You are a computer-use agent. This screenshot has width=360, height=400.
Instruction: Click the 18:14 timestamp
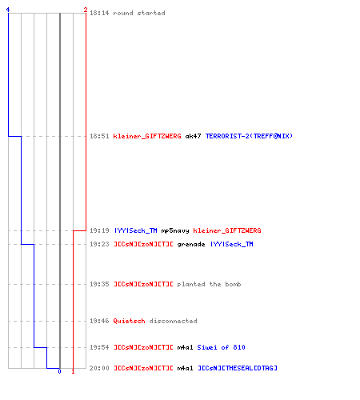(x=99, y=13)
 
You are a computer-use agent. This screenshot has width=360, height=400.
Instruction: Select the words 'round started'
(x=139, y=13)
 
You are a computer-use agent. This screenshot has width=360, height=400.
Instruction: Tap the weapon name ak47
(x=193, y=136)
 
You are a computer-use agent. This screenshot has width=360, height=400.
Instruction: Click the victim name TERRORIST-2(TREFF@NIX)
(x=249, y=136)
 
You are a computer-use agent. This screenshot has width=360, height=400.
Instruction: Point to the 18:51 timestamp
(x=99, y=136)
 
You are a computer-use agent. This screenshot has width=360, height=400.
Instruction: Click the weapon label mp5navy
(x=175, y=230)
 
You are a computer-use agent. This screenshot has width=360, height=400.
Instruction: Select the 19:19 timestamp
(x=99, y=230)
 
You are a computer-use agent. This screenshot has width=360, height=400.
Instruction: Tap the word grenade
(x=191, y=244)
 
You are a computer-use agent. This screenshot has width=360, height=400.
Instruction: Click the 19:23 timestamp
(x=99, y=244)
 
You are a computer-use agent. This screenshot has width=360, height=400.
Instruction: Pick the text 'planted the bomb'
(x=209, y=284)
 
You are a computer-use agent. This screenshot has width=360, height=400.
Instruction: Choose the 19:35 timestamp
(x=99, y=284)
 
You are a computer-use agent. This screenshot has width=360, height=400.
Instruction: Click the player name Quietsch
(x=129, y=321)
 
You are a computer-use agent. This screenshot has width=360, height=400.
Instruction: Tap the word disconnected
(x=173, y=321)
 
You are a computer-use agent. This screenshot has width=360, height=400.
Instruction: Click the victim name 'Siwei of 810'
(x=221, y=347)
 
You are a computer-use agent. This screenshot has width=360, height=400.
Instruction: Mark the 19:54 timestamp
(x=99, y=347)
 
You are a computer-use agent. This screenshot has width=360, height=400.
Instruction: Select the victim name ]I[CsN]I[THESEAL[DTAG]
(x=238, y=368)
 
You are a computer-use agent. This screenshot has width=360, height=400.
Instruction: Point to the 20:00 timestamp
(x=99, y=368)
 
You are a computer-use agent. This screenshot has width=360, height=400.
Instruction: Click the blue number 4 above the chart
(x=8, y=10)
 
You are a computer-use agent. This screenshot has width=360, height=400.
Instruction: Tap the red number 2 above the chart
(x=86, y=10)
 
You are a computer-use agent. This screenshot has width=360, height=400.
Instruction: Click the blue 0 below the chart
(x=59, y=371)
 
